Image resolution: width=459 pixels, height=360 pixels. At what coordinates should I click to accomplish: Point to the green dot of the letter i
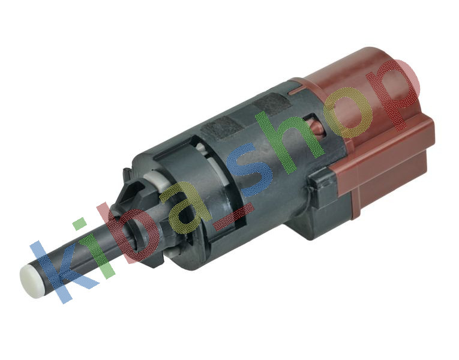pos(79,224)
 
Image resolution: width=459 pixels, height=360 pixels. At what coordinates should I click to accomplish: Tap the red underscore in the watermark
pos(234,216)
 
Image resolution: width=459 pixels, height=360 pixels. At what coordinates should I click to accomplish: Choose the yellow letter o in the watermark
pos(349,113)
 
